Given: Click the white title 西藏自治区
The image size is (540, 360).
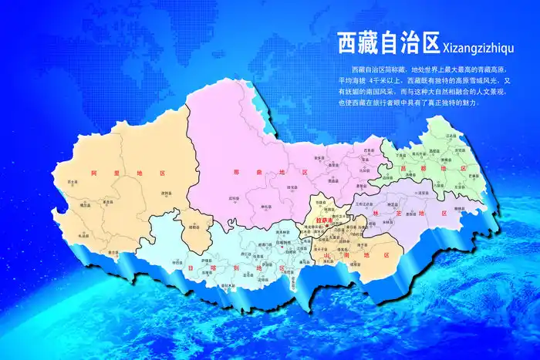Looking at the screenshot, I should [x=387, y=44].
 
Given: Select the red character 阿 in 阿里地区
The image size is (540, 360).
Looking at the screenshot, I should [x=93, y=174].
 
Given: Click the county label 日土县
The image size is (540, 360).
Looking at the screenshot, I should [x=73, y=182].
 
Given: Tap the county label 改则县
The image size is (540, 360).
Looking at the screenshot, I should [x=165, y=193].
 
